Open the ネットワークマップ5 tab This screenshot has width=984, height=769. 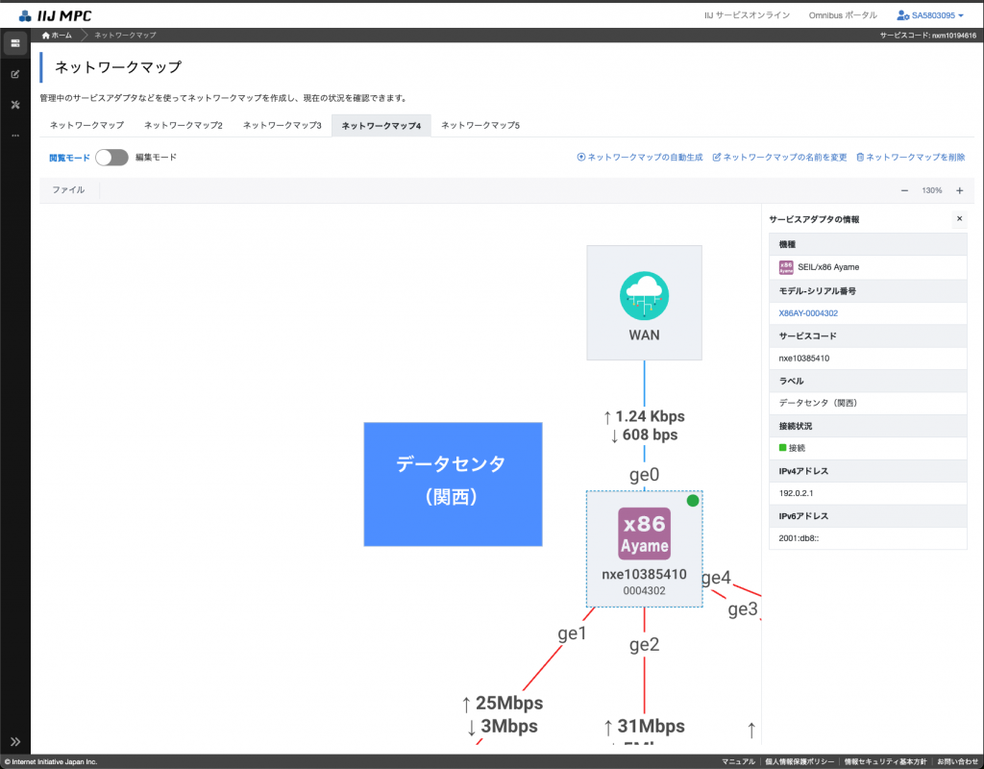[480, 126]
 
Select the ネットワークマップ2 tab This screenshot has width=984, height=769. [184, 126]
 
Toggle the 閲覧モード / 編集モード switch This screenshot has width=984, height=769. [111, 158]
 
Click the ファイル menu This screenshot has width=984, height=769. [68, 190]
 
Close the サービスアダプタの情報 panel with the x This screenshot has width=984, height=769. [958, 219]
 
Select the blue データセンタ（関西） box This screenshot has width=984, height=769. [453, 484]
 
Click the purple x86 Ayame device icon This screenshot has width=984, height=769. [644, 533]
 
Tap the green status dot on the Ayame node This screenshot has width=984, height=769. [692, 501]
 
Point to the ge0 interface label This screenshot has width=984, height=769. [644, 474]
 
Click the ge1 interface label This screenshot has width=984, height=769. [572, 634]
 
